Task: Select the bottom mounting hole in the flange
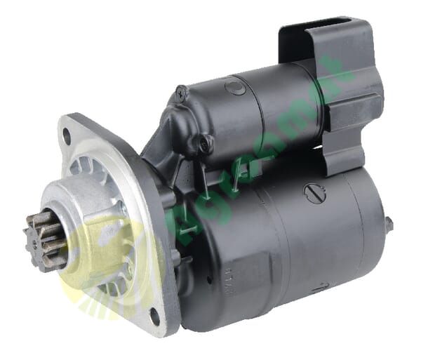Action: click(154, 317)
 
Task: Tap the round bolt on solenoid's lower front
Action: click(204, 144)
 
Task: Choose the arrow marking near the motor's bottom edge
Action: click(320, 288)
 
